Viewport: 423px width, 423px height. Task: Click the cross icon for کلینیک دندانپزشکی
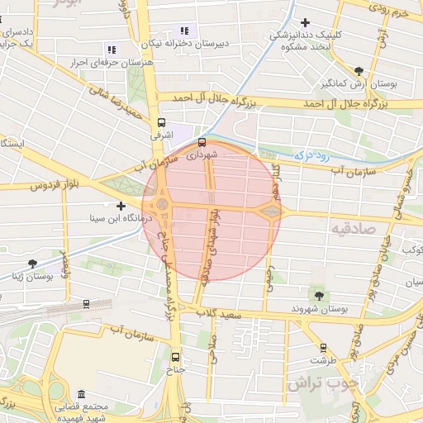pyautogui.click(x=307, y=22)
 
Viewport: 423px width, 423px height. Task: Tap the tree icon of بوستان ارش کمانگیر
pyautogui.click(x=358, y=71)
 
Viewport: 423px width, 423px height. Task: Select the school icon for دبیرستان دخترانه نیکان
pyautogui.click(x=183, y=31)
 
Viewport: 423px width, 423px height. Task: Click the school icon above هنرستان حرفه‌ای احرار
pyautogui.click(x=112, y=50)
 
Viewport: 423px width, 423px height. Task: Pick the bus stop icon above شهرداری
pyautogui.click(x=202, y=141)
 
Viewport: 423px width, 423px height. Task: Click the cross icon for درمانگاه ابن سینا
pyautogui.click(x=121, y=205)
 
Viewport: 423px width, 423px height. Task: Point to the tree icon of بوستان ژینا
pyautogui.click(x=32, y=264)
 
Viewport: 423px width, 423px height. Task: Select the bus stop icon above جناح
pyautogui.click(x=174, y=357)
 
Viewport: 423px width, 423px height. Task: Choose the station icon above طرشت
pyautogui.click(x=323, y=348)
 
